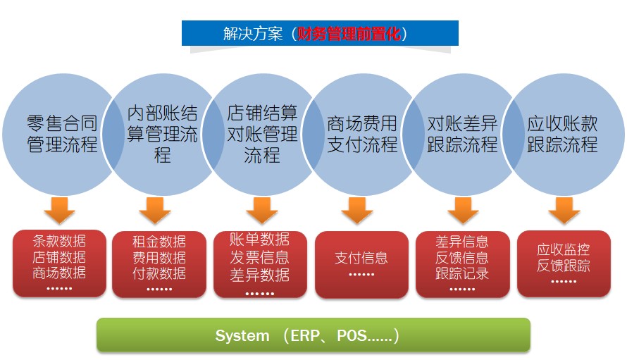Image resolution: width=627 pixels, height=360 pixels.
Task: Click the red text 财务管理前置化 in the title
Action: point(349,34)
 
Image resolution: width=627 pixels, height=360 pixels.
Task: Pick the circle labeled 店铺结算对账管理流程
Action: point(262,135)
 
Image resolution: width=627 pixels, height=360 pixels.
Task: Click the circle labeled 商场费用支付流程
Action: point(362,135)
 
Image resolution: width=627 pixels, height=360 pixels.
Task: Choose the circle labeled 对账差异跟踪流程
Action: point(462,135)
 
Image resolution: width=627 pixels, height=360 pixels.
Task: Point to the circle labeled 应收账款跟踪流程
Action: point(563,135)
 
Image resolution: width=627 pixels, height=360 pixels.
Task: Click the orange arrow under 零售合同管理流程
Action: point(60,211)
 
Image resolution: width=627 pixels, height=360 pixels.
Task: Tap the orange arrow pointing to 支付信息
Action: point(357,211)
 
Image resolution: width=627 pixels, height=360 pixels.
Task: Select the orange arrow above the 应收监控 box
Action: point(564,211)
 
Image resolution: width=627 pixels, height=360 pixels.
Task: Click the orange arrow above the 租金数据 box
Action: point(155,211)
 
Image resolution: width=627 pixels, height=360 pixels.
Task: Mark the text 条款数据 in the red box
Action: point(59,241)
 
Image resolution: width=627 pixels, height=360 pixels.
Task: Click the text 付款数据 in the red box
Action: point(159,273)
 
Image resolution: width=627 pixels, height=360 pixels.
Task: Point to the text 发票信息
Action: point(259,257)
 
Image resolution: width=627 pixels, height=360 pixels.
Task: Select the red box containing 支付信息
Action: point(361,264)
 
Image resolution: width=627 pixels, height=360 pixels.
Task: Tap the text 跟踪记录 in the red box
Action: point(462,273)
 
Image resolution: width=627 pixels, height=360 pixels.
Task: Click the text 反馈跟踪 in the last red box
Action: point(564,266)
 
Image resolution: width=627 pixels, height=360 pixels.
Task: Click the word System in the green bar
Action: point(242,335)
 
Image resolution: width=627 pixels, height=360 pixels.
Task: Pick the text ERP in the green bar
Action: point(305,335)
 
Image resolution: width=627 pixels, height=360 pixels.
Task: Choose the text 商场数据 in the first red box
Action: point(59,273)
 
